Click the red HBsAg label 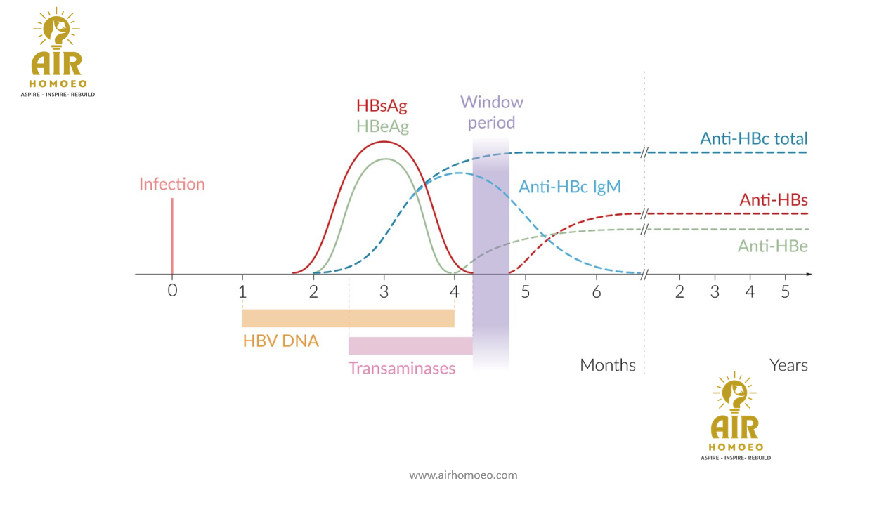tap(382, 106)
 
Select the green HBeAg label tap(382, 126)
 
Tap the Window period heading tap(492, 112)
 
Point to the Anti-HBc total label tap(754, 138)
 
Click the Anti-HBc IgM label tap(570, 187)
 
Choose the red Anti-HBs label tap(774, 200)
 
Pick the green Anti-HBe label tap(772, 246)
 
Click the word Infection tap(172, 184)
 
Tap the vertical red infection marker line tap(172, 235)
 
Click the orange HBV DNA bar tap(348, 318)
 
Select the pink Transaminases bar tap(410, 346)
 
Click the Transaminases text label tap(402, 368)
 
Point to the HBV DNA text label tap(281, 341)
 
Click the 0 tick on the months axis tap(172, 291)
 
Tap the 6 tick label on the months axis tap(597, 291)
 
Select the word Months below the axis tap(608, 365)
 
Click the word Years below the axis tap(788, 365)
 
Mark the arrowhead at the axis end tap(809, 274)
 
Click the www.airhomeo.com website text tap(464, 475)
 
